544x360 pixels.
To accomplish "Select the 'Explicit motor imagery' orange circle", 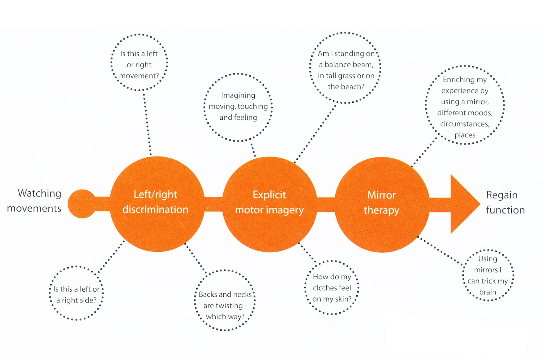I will [269, 204].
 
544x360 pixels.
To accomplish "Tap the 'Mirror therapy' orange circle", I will [381, 204].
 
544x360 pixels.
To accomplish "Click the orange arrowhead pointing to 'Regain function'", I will [464, 204].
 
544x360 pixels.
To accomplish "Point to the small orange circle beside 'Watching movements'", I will [82, 204].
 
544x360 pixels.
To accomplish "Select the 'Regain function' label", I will [505, 202].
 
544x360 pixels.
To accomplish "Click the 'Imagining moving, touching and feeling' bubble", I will [238, 106].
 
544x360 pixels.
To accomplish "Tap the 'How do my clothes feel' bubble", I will [332, 288].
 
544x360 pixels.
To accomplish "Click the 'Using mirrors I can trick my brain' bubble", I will [488, 275].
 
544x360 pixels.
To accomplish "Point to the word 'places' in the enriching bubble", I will [465, 135].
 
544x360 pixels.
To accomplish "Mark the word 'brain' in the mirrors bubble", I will [488, 292].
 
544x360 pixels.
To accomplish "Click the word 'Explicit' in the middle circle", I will [269, 195].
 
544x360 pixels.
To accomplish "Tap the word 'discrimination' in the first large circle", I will [155, 209].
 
